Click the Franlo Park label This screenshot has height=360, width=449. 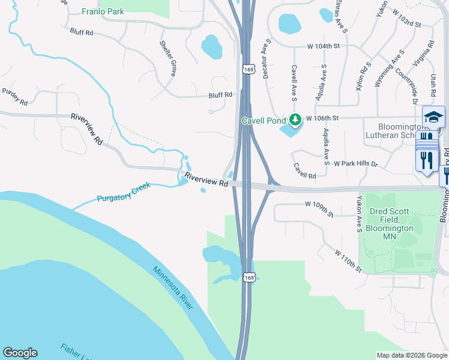(103, 11)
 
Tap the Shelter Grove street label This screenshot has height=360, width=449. (167, 58)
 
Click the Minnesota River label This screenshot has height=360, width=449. (172, 288)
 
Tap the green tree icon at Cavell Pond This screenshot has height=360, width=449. (295, 120)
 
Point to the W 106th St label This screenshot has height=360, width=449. (323, 118)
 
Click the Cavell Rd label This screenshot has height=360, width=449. (304, 171)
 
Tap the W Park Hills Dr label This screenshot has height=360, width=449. (356, 164)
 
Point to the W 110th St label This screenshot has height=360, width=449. (348, 262)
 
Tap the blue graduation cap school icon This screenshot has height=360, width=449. (433, 117)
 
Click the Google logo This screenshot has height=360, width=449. (20, 353)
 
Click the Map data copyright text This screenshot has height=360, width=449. (411, 355)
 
